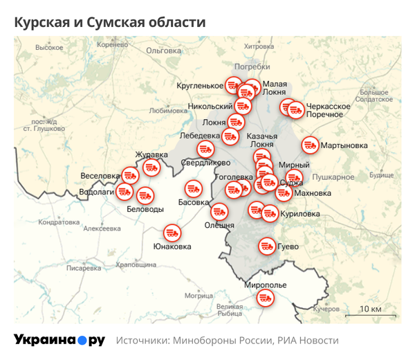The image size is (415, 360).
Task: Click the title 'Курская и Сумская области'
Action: [x=110, y=22]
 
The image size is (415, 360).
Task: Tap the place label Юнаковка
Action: [x=172, y=246]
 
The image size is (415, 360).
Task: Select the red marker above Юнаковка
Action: [x=172, y=233]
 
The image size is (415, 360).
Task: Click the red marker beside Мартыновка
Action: [x=310, y=145]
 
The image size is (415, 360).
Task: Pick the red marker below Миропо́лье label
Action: [x=265, y=298]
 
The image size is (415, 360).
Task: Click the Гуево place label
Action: [x=288, y=246]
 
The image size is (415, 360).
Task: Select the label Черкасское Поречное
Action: [x=328, y=111]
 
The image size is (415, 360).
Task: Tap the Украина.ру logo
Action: [x=59, y=340]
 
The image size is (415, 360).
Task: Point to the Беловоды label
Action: [x=145, y=209]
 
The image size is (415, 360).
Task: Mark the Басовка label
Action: [x=193, y=203]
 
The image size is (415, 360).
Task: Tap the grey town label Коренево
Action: [x=114, y=45]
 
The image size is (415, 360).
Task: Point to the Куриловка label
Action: [x=301, y=214]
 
